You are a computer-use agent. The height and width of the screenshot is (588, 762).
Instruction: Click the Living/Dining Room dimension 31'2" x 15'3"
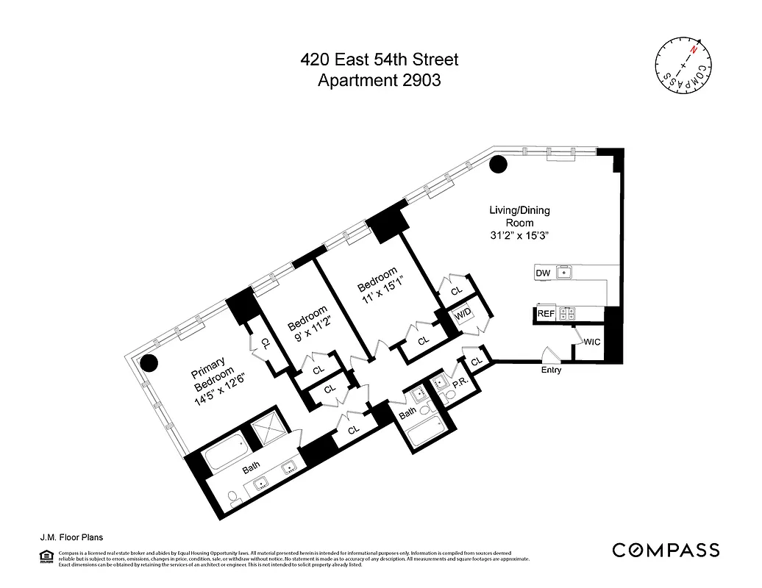(x=519, y=236)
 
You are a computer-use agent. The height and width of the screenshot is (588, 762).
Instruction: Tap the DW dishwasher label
(x=543, y=273)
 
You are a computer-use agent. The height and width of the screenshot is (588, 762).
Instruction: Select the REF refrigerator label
(x=545, y=314)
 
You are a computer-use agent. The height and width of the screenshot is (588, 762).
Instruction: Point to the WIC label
(x=591, y=342)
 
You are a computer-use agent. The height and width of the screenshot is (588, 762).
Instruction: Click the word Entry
(x=551, y=370)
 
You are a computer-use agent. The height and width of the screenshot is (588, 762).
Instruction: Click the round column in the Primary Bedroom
(x=149, y=362)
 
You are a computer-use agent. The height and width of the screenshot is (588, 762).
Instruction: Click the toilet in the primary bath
(x=232, y=501)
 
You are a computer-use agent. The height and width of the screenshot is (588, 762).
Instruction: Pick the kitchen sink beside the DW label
(x=564, y=273)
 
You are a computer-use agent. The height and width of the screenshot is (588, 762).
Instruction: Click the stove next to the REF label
(x=567, y=314)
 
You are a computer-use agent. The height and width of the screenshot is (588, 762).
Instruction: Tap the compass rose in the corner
(x=684, y=65)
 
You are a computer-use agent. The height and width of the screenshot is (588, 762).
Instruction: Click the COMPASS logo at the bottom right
(x=666, y=550)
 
